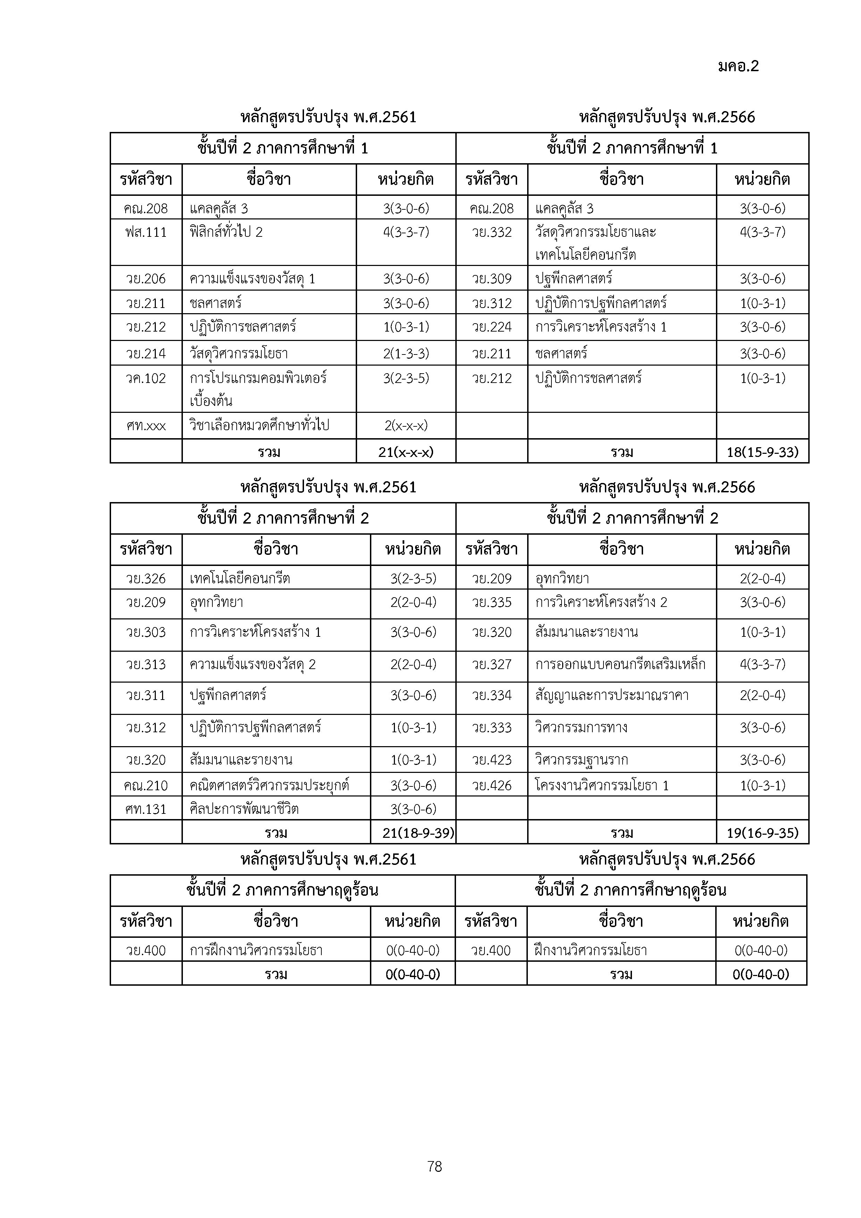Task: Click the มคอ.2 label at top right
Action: tap(738, 66)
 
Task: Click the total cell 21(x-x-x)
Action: tap(406, 452)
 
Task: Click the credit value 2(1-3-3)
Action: tap(406, 353)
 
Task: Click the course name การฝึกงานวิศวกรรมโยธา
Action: tap(256, 950)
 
